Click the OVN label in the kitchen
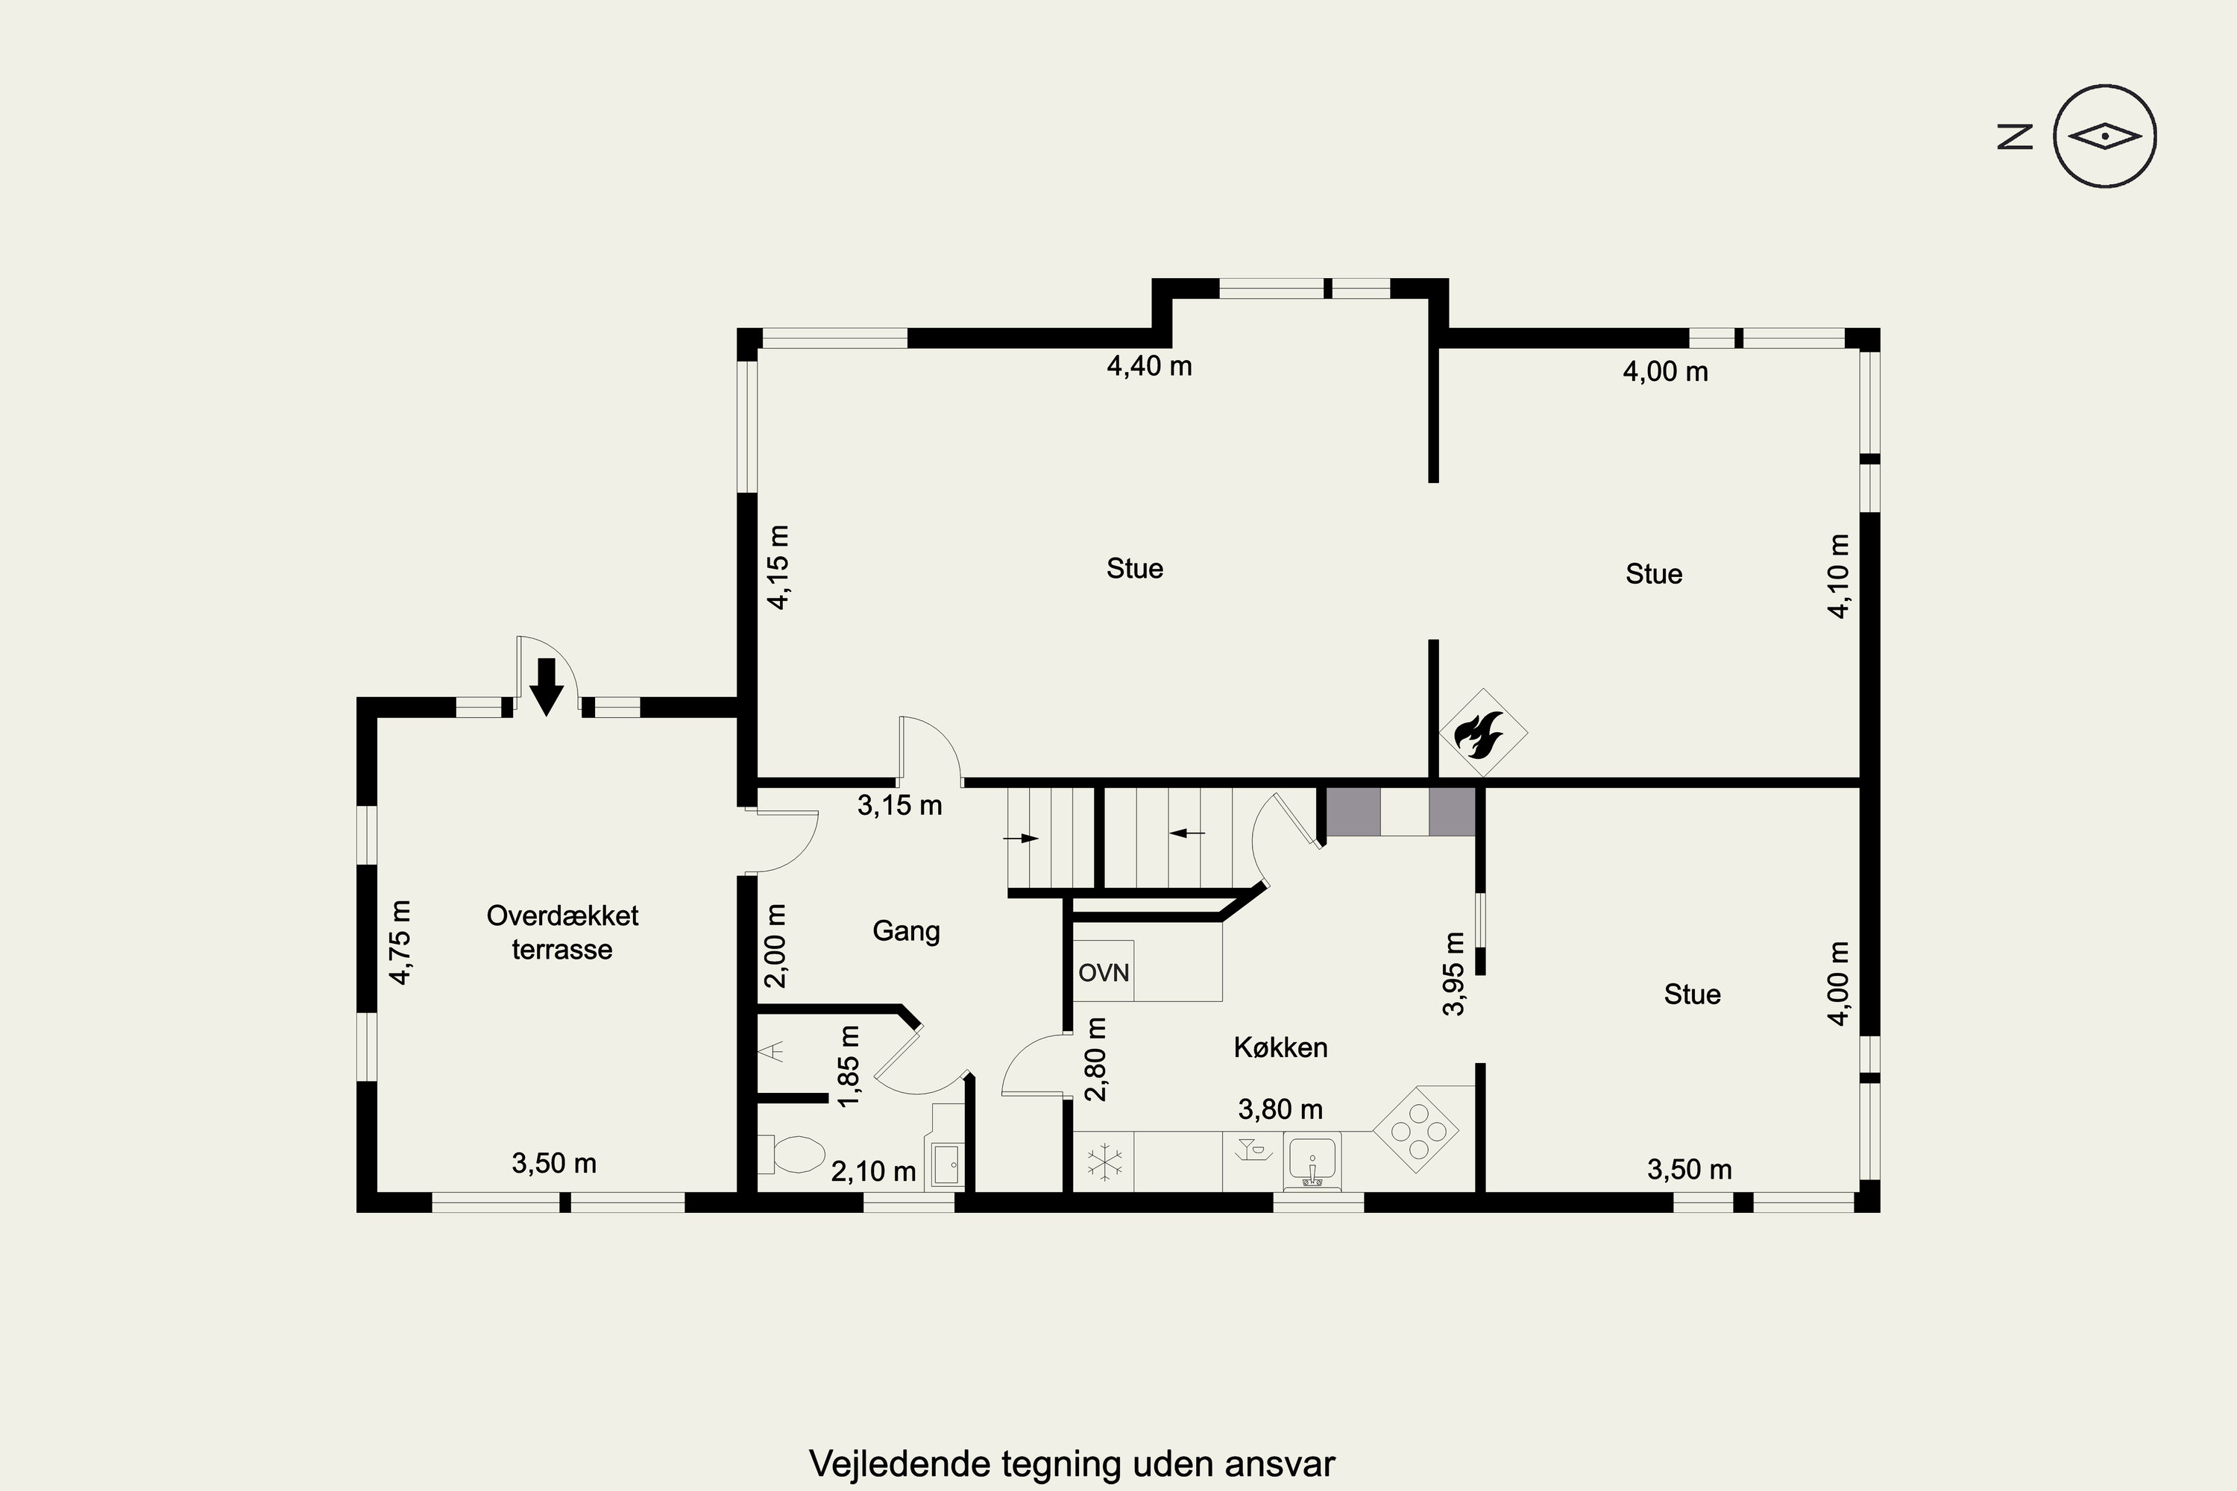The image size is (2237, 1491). tap(1104, 973)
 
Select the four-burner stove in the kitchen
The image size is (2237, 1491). tap(1416, 1129)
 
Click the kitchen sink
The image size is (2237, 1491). tap(1312, 1161)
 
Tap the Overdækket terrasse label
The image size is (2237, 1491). tap(562, 932)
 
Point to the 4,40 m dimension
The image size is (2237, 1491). tap(1149, 366)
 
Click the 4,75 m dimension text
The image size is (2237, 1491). tap(400, 942)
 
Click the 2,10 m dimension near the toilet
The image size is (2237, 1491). tap(873, 1171)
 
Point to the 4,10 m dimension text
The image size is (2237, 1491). tap(1839, 576)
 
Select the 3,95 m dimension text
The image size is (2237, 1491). tap(1454, 973)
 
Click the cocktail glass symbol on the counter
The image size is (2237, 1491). tap(1250, 1149)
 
